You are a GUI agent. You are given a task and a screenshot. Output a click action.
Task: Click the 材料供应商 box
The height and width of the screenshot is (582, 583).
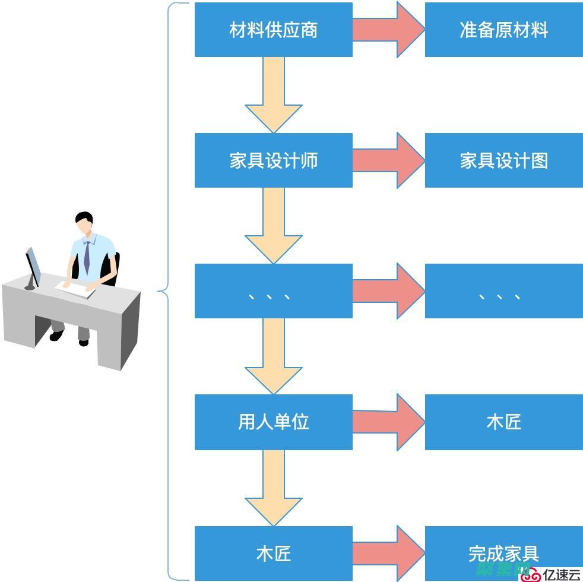(273, 30)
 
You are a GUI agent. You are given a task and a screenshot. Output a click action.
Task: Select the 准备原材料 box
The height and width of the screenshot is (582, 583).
(503, 30)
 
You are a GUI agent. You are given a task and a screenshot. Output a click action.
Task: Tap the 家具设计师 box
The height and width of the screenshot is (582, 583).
(273, 160)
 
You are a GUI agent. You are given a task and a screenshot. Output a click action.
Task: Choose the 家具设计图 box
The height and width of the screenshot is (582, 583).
(503, 160)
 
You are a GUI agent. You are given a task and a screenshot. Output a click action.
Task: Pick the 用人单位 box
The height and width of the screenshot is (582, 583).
(273, 422)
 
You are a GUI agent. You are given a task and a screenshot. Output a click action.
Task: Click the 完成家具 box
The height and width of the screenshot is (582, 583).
(503, 553)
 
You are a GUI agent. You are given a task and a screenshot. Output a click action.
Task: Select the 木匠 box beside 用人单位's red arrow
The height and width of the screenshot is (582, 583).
(503, 422)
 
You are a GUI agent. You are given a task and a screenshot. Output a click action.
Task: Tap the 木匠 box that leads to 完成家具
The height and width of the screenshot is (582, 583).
(273, 553)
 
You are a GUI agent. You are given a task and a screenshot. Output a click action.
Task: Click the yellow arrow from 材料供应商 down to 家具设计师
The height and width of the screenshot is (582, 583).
(274, 95)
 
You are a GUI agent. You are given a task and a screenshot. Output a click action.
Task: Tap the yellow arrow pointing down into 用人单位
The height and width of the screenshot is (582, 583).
(274, 356)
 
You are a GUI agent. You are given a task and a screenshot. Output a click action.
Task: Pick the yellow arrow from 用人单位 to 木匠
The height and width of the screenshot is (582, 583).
(274, 487)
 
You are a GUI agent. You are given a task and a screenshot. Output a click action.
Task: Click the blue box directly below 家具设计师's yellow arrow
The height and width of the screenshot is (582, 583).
(273, 291)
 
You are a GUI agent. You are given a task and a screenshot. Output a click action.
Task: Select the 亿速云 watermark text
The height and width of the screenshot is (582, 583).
(560, 574)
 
